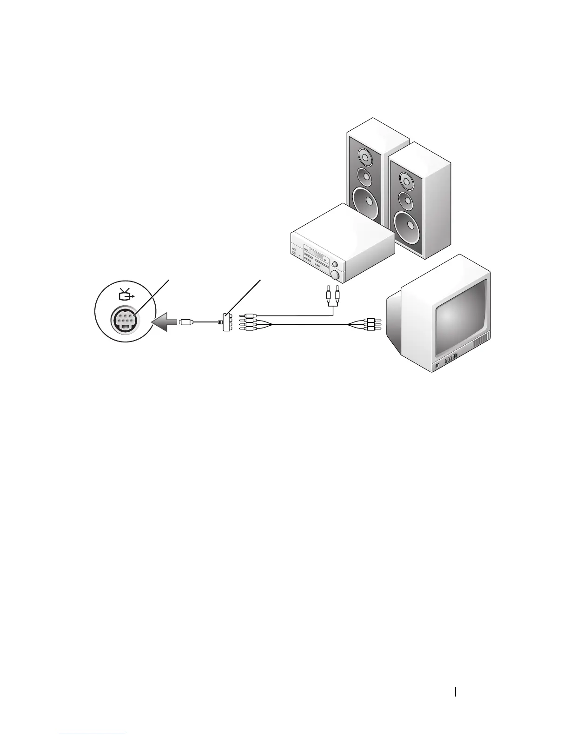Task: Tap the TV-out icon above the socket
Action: point(125,295)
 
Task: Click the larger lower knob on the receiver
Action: point(335,275)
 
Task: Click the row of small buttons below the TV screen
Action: point(450,359)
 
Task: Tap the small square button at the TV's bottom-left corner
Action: point(437,368)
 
